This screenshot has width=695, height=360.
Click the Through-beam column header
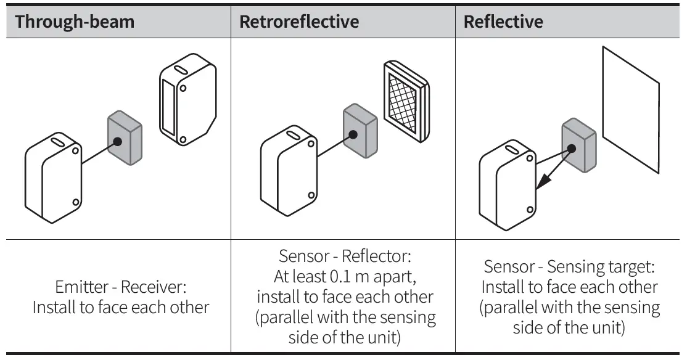click(75, 22)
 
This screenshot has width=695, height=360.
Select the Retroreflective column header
click(299, 22)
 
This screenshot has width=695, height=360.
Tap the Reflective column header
click(503, 22)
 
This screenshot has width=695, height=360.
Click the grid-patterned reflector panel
click(406, 101)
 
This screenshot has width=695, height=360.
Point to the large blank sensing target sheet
click(631, 109)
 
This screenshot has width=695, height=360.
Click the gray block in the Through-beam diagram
click(125, 138)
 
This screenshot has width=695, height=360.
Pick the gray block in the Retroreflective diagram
click(360, 131)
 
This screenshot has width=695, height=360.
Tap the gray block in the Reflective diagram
click(579, 145)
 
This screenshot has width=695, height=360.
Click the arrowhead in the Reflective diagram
click(544, 181)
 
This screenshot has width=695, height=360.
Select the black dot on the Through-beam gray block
click(117, 142)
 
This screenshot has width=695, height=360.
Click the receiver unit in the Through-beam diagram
click(188, 100)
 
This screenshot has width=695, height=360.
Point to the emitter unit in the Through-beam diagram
click(53, 178)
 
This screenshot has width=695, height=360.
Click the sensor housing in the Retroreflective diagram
click(289, 171)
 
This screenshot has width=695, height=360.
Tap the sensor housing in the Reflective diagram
click(508, 186)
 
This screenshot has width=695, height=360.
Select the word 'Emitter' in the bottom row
click(81, 287)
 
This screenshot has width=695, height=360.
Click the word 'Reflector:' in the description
click(377, 256)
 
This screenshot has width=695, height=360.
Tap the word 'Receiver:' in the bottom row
click(154, 287)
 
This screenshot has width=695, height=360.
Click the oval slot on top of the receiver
click(181, 70)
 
